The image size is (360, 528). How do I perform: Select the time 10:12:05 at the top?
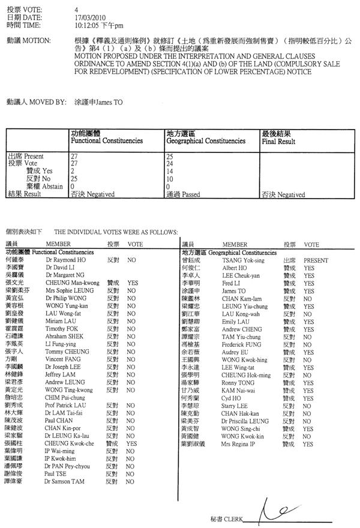pos(85,26)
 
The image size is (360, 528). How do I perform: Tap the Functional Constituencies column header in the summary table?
pos(106,141)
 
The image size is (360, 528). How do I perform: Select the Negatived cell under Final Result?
pos(283,194)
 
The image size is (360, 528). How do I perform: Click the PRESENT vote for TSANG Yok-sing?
pos(315,261)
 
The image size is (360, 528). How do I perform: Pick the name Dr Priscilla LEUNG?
pos(245,421)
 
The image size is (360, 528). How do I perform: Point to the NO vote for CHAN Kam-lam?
pos(307,298)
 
